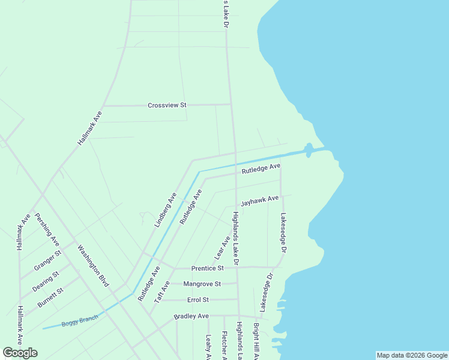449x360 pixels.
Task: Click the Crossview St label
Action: [167, 105]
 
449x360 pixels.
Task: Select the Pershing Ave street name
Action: [46, 229]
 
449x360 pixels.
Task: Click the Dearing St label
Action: [46, 281]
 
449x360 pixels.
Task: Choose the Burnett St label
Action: [50, 298]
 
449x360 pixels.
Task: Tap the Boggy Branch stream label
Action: [79, 319]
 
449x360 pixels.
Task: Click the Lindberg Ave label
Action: [165, 209]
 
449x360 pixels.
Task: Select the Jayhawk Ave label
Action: [259, 200]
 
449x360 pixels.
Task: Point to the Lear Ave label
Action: [222, 248]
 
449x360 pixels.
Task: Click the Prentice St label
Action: [207, 268]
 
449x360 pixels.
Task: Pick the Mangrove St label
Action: [202, 284]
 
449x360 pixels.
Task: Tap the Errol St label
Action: [197, 299]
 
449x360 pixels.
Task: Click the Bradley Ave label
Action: [191, 316]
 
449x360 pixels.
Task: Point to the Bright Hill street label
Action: [256, 341]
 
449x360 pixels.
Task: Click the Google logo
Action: [20, 352]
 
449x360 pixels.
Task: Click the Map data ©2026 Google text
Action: [412, 355]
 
